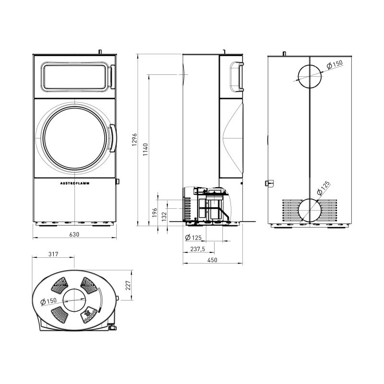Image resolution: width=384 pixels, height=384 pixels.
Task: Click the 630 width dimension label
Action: [x=74, y=234]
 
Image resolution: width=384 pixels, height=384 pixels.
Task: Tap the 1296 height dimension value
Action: [x=134, y=140]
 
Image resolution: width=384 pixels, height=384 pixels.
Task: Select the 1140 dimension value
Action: [x=145, y=150]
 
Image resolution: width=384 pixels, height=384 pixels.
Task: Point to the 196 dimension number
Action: [x=154, y=212]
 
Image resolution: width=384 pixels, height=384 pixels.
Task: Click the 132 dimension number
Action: [x=164, y=216]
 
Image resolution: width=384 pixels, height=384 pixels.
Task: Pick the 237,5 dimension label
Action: [x=198, y=249]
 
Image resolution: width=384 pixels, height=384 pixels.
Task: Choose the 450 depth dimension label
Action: [x=212, y=260]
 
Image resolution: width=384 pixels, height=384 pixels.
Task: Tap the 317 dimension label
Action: [x=53, y=254]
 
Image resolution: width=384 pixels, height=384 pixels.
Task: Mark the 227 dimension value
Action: [x=128, y=285]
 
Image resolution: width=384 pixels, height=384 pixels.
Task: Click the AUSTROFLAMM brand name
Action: [x=75, y=183]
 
